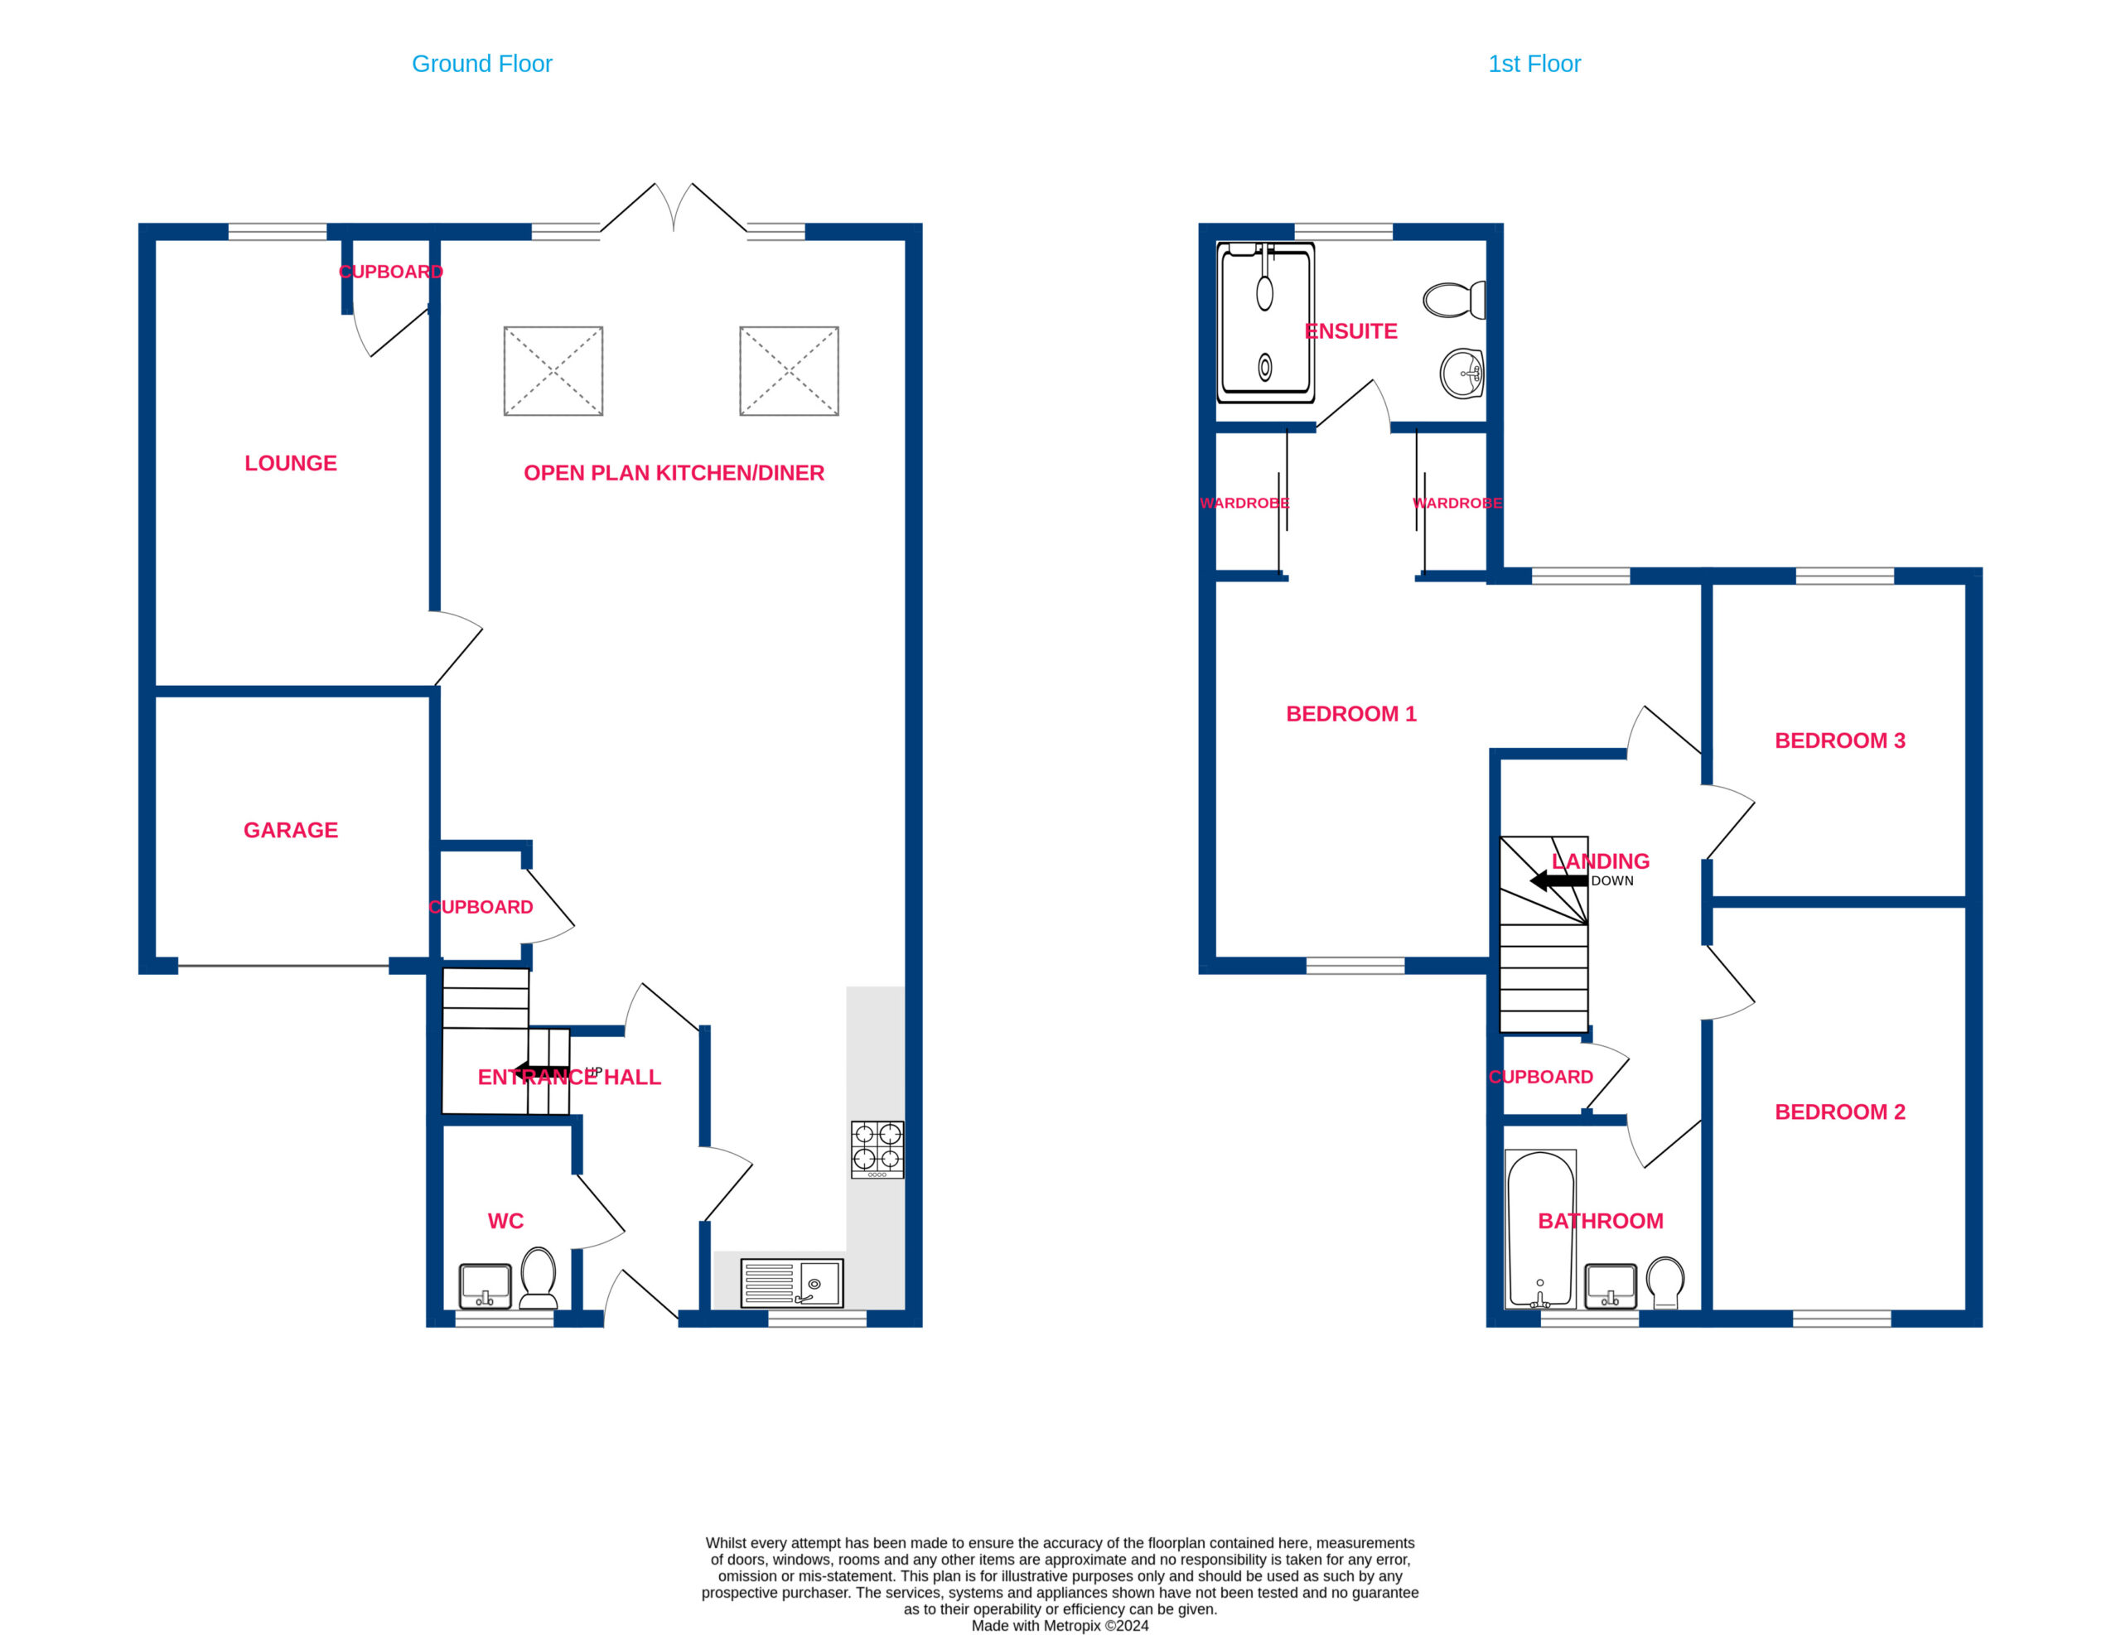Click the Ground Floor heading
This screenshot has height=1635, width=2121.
pos(481,64)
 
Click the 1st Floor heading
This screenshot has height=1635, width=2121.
pos(1534,64)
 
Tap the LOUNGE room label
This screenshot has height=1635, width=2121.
pos(290,463)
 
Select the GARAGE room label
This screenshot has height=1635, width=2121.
pos(290,830)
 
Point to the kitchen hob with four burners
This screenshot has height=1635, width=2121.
pos(877,1150)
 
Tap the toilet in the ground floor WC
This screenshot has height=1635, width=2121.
pos(538,1278)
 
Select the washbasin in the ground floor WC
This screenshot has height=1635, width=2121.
pos(485,1286)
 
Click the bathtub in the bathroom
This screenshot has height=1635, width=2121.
pos(1540,1229)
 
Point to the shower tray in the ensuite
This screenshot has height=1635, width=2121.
pos(1265,322)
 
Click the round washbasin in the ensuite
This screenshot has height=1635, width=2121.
pos(1462,374)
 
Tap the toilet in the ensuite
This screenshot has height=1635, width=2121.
pos(1454,300)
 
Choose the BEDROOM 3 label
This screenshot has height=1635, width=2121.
pos(1839,740)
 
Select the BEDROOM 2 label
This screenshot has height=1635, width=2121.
pos(1839,1112)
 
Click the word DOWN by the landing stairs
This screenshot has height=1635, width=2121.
pos(1612,880)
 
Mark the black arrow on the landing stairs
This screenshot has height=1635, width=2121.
pos(1558,880)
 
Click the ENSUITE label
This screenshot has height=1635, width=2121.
pos(1350,331)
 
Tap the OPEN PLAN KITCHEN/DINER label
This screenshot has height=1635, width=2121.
pos(674,473)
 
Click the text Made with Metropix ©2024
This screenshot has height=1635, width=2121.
pos(1060,1625)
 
